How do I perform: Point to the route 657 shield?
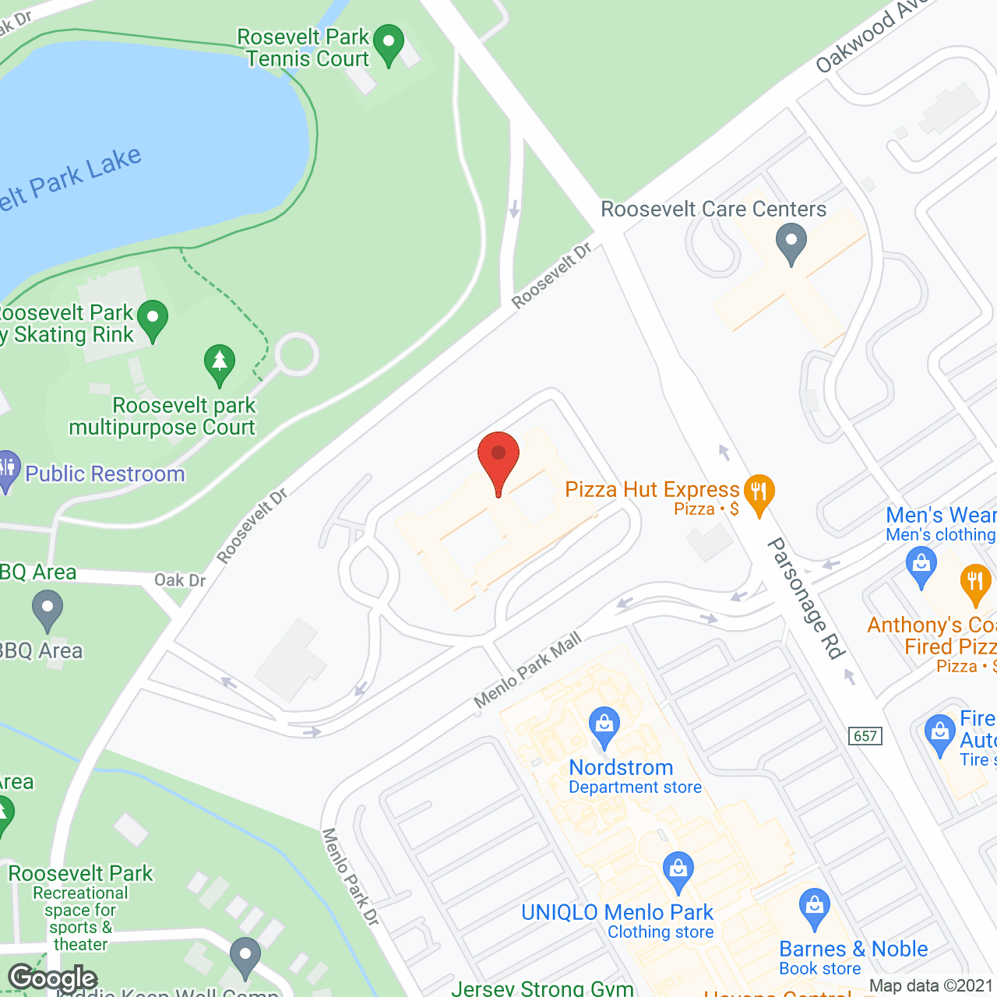[865, 736]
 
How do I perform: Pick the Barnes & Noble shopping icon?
[815, 907]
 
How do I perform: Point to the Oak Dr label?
[180, 580]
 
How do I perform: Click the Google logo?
[53, 978]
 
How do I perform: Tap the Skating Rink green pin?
[153, 319]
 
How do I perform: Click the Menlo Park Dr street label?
[351, 877]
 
